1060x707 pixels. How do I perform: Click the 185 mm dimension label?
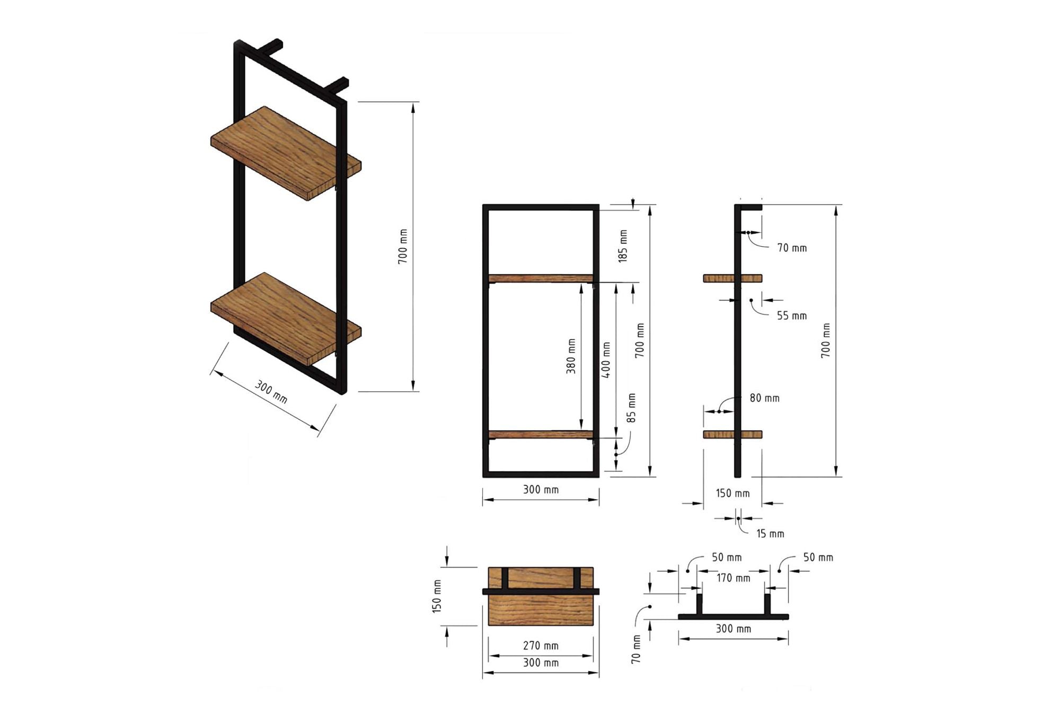623,246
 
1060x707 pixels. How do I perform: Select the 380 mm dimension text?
571,356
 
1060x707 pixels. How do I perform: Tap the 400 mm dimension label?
606,360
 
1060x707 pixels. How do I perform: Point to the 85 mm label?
631,408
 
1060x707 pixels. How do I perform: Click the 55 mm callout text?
792,316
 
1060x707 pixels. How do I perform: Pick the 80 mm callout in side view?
764,398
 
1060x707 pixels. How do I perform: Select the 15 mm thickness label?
770,534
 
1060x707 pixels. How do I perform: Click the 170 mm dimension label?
734,578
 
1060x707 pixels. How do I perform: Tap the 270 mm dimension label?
541,645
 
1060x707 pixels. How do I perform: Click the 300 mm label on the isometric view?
271,391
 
